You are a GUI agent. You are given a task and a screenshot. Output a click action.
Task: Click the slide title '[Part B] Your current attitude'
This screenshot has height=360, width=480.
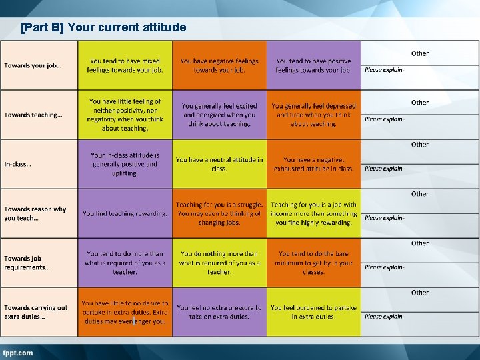103,27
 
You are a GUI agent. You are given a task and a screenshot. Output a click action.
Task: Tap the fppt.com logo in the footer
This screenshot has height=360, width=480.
18,353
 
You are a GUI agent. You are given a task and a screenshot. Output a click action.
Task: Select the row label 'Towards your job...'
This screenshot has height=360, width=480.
33,65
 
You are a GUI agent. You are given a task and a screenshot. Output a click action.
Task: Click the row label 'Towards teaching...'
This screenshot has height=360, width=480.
33,115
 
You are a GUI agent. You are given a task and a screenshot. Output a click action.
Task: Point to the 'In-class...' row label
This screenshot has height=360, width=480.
18,164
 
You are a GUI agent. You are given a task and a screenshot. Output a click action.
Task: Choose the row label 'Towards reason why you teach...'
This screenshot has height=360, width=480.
35,213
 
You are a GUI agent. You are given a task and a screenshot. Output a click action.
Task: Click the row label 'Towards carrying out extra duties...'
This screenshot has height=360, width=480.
36,312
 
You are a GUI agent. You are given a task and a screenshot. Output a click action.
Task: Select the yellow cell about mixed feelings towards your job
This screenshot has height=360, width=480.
125,65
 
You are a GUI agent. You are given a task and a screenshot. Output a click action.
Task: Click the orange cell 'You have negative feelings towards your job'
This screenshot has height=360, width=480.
219,65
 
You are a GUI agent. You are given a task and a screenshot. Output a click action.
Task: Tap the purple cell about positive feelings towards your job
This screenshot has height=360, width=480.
313,65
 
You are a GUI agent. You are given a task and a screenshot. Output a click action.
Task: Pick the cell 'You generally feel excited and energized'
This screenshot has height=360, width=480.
219,115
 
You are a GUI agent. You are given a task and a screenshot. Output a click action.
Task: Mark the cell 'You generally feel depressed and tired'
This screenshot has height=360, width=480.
313,115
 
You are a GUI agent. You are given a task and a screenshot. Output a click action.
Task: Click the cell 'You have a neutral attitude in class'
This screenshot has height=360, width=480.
219,164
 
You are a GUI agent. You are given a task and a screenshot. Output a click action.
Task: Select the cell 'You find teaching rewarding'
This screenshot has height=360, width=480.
125,213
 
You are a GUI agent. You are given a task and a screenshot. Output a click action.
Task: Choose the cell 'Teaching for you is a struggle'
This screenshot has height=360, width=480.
219,213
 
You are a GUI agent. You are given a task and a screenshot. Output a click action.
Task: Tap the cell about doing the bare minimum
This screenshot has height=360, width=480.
313,263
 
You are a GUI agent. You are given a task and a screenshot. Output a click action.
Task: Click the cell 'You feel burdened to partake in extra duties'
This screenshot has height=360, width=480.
313,312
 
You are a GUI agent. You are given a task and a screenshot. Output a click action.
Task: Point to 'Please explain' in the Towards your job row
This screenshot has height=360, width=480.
383,70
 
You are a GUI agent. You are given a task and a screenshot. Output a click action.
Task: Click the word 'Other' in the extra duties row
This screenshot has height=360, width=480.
420,293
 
